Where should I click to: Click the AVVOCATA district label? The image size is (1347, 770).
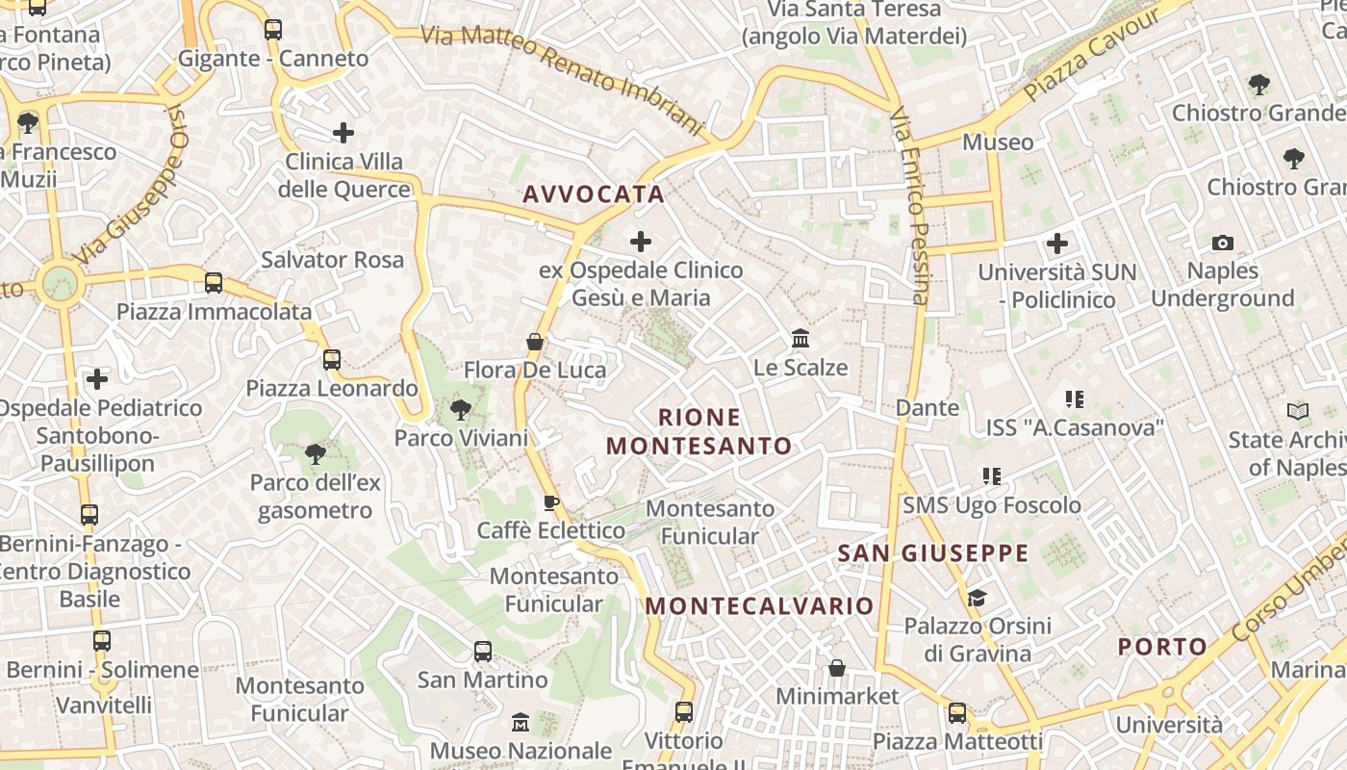pyautogui.click(x=594, y=194)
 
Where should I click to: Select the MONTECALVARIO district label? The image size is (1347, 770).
pyautogui.click(x=759, y=606)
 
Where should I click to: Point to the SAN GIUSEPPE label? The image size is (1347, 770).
pyautogui.click(x=933, y=553)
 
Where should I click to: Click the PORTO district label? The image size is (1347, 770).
pyautogui.click(x=1162, y=647)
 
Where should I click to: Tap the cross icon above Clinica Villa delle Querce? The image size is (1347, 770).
pyautogui.click(x=343, y=133)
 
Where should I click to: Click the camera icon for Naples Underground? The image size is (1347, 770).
pyautogui.click(x=1223, y=243)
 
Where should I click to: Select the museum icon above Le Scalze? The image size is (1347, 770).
pyautogui.click(x=801, y=339)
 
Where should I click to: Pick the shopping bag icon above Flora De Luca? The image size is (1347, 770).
pyautogui.click(x=535, y=342)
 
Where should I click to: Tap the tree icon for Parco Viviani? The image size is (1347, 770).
pyautogui.click(x=461, y=410)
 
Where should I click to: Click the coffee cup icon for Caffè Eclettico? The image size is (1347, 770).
pyautogui.click(x=551, y=502)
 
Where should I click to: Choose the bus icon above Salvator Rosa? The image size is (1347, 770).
pyautogui.click(x=214, y=283)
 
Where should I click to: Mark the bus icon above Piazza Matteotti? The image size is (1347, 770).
pyautogui.click(x=957, y=713)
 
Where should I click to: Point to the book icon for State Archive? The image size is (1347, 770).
pyautogui.click(x=1298, y=412)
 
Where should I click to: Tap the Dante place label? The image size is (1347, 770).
pyautogui.click(x=928, y=408)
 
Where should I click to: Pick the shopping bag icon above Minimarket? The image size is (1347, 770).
pyautogui.click(x=837, y=668)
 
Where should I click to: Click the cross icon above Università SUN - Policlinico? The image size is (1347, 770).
pyautogui.click(x=1057, y=244)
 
